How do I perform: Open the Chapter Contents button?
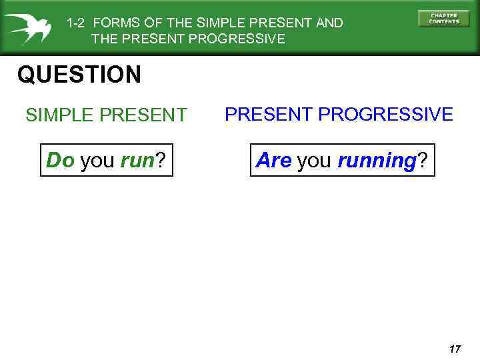pos(443,19)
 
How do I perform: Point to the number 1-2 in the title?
pos(75,23)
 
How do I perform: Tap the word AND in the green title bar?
pos(329,23)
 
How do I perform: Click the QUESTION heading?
pos(79,75)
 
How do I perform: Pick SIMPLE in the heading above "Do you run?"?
pos(59,115)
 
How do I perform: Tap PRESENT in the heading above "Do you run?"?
pos(143,115)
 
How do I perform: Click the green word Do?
pos(60,160)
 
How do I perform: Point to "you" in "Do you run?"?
pos(97,161)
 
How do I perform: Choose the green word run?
pos(137,161)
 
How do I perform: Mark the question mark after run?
pos(160,160)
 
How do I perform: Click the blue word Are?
pos(273,160)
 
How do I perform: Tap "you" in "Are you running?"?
pos(314,161)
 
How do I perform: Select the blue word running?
pos(377,161)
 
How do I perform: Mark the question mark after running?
pos(422,160)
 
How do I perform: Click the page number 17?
pos(455,349)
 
